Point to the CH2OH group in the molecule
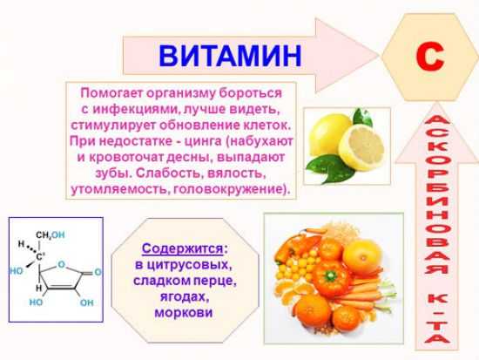[x=50, y=234]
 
